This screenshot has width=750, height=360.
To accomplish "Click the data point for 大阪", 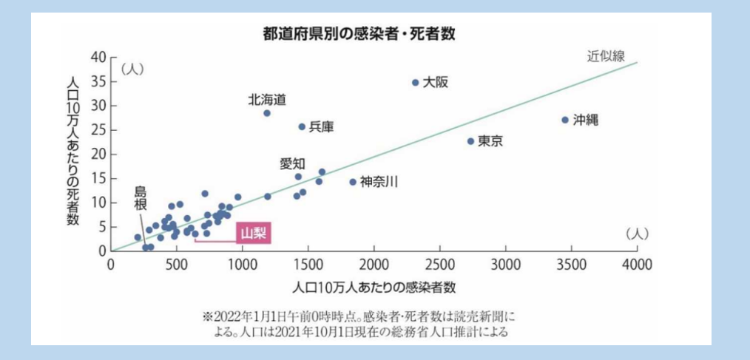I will [x=416, y=83].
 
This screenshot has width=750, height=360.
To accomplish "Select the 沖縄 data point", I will [x=565, y=120].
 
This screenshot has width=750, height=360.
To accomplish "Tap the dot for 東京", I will [x=470, y=141].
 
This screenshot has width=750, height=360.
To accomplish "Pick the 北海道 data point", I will [x=267, y=113].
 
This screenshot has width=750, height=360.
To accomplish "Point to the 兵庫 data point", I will [x=302, y=127].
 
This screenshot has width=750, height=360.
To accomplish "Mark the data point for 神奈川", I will [x=353, y=182].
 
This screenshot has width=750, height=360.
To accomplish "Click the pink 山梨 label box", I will [x=252, y=234].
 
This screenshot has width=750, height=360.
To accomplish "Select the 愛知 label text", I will [x=292, y=163].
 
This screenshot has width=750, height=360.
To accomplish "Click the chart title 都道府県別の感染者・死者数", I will [x=364, y=33].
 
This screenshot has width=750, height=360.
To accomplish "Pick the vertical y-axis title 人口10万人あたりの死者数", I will [x=72, y=153].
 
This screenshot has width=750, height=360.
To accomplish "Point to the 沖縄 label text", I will [x=585, y=120].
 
